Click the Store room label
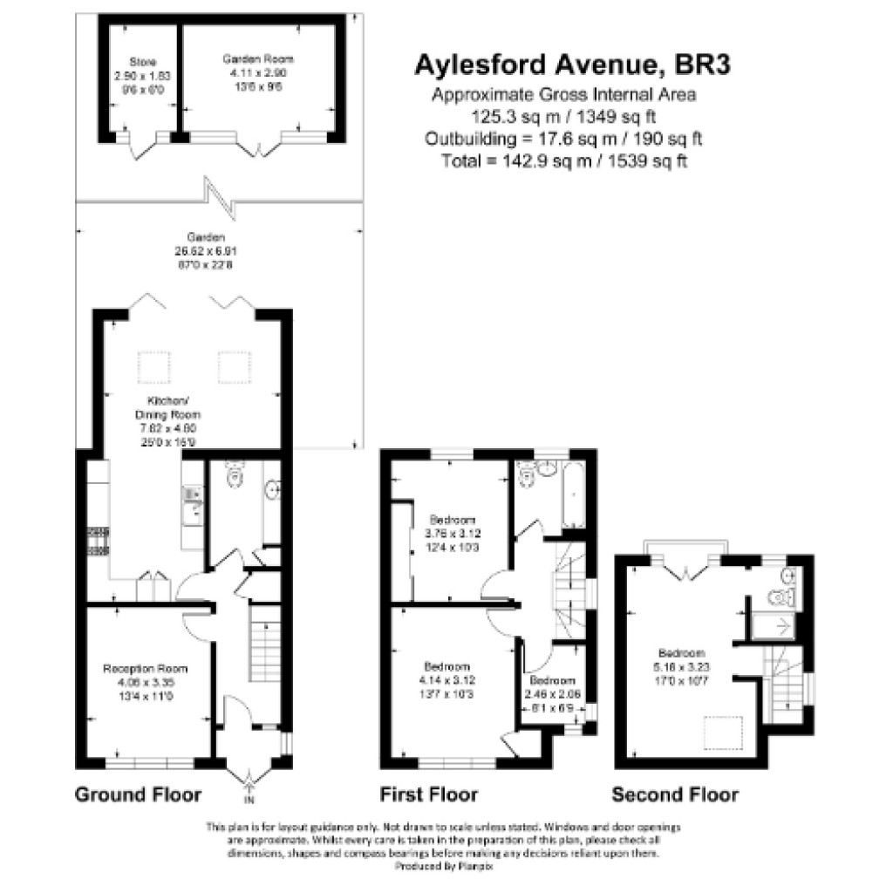tap(142, 62)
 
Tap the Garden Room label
tap(257, 58)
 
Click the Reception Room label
tap(146, 669)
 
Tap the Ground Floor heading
tap(138, 794)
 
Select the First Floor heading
tap(429, 794)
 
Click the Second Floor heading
tap(675, 794)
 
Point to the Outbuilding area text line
tap(564, 139)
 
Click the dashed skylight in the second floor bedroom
tap(723, 731)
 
